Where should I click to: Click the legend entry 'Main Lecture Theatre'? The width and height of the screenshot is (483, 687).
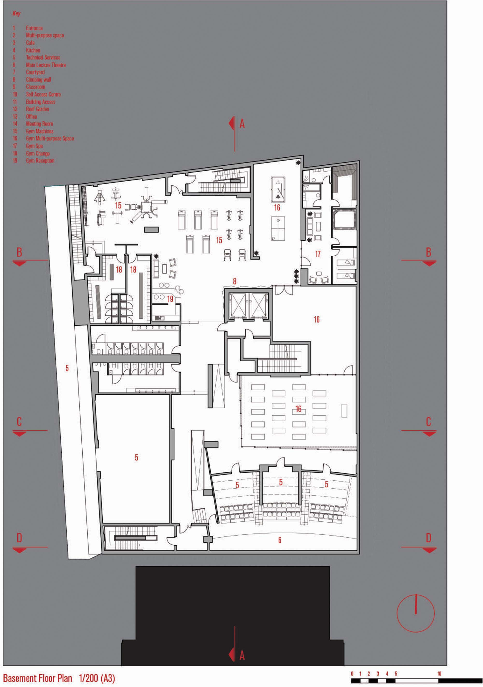click(46, 65)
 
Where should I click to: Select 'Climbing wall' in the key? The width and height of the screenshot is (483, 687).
click(38, 80)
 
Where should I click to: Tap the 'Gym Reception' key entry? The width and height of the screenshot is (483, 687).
click(40, 161)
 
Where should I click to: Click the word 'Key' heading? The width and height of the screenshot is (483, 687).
click(16, 14)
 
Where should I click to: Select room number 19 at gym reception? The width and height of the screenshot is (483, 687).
click(170, 299)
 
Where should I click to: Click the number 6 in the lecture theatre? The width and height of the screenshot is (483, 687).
click(280, 540)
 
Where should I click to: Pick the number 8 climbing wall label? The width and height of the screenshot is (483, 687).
click(235, 281)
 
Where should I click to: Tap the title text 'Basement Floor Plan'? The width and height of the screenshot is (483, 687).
click(38, 678)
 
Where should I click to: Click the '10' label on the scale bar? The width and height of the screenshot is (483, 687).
click(439, 673)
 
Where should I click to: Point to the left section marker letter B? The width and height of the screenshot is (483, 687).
click(19, 252)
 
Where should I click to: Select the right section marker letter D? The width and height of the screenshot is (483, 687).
click(428, 538)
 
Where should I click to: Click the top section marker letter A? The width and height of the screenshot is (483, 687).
click(242, 124)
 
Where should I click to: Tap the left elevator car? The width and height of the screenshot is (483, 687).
click(237, 305)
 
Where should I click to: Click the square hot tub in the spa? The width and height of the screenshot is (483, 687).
click(344, 219)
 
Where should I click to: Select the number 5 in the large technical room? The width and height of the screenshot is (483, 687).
click(136, 457)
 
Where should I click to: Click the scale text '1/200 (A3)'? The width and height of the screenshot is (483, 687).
click(97, 678)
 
